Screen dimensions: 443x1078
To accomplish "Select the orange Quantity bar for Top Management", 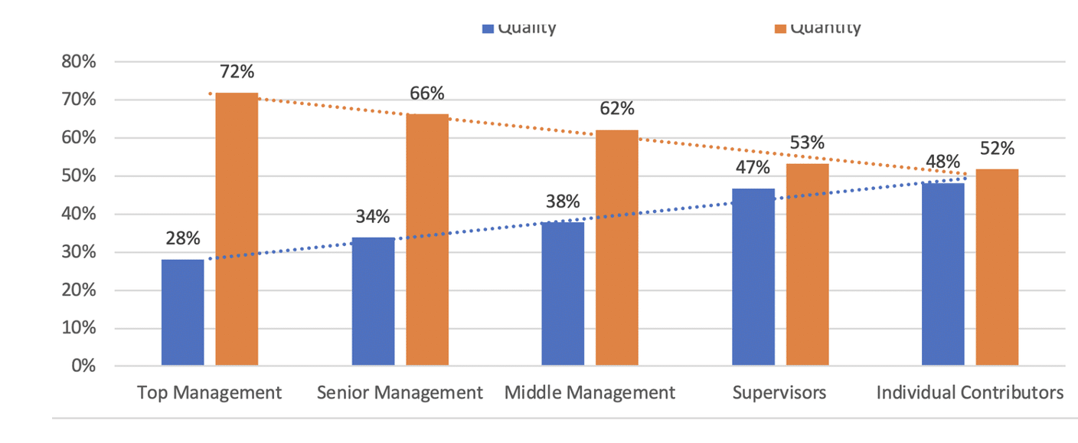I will click(x=237, y=229).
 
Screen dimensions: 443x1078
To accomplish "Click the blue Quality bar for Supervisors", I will click(x=753, y=277).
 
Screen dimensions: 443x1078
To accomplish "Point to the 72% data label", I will click(x=237, y=72).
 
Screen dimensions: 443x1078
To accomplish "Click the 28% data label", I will click(x=183, y=239).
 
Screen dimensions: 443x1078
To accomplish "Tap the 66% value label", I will click(x=426, y=94).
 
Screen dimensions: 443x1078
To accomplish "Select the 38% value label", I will click(x=563, y=202).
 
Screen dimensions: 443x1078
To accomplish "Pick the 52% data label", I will click(x=998, y=149).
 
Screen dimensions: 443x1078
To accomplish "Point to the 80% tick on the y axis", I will click(x=78, y=62).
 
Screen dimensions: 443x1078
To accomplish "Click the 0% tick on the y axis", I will click(x=83, y=366).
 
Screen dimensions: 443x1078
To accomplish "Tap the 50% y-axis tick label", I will click(x=78, y=176).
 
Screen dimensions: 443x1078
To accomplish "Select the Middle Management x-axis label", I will click(x=590, y=393).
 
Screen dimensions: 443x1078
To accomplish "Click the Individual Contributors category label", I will click(x=970, y=393).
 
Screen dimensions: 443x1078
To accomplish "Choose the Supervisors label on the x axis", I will click(x=779, y=393).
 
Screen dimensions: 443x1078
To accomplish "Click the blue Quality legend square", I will click(x=488, y=28).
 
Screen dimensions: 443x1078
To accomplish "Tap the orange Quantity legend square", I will click(x=780, y=28).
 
